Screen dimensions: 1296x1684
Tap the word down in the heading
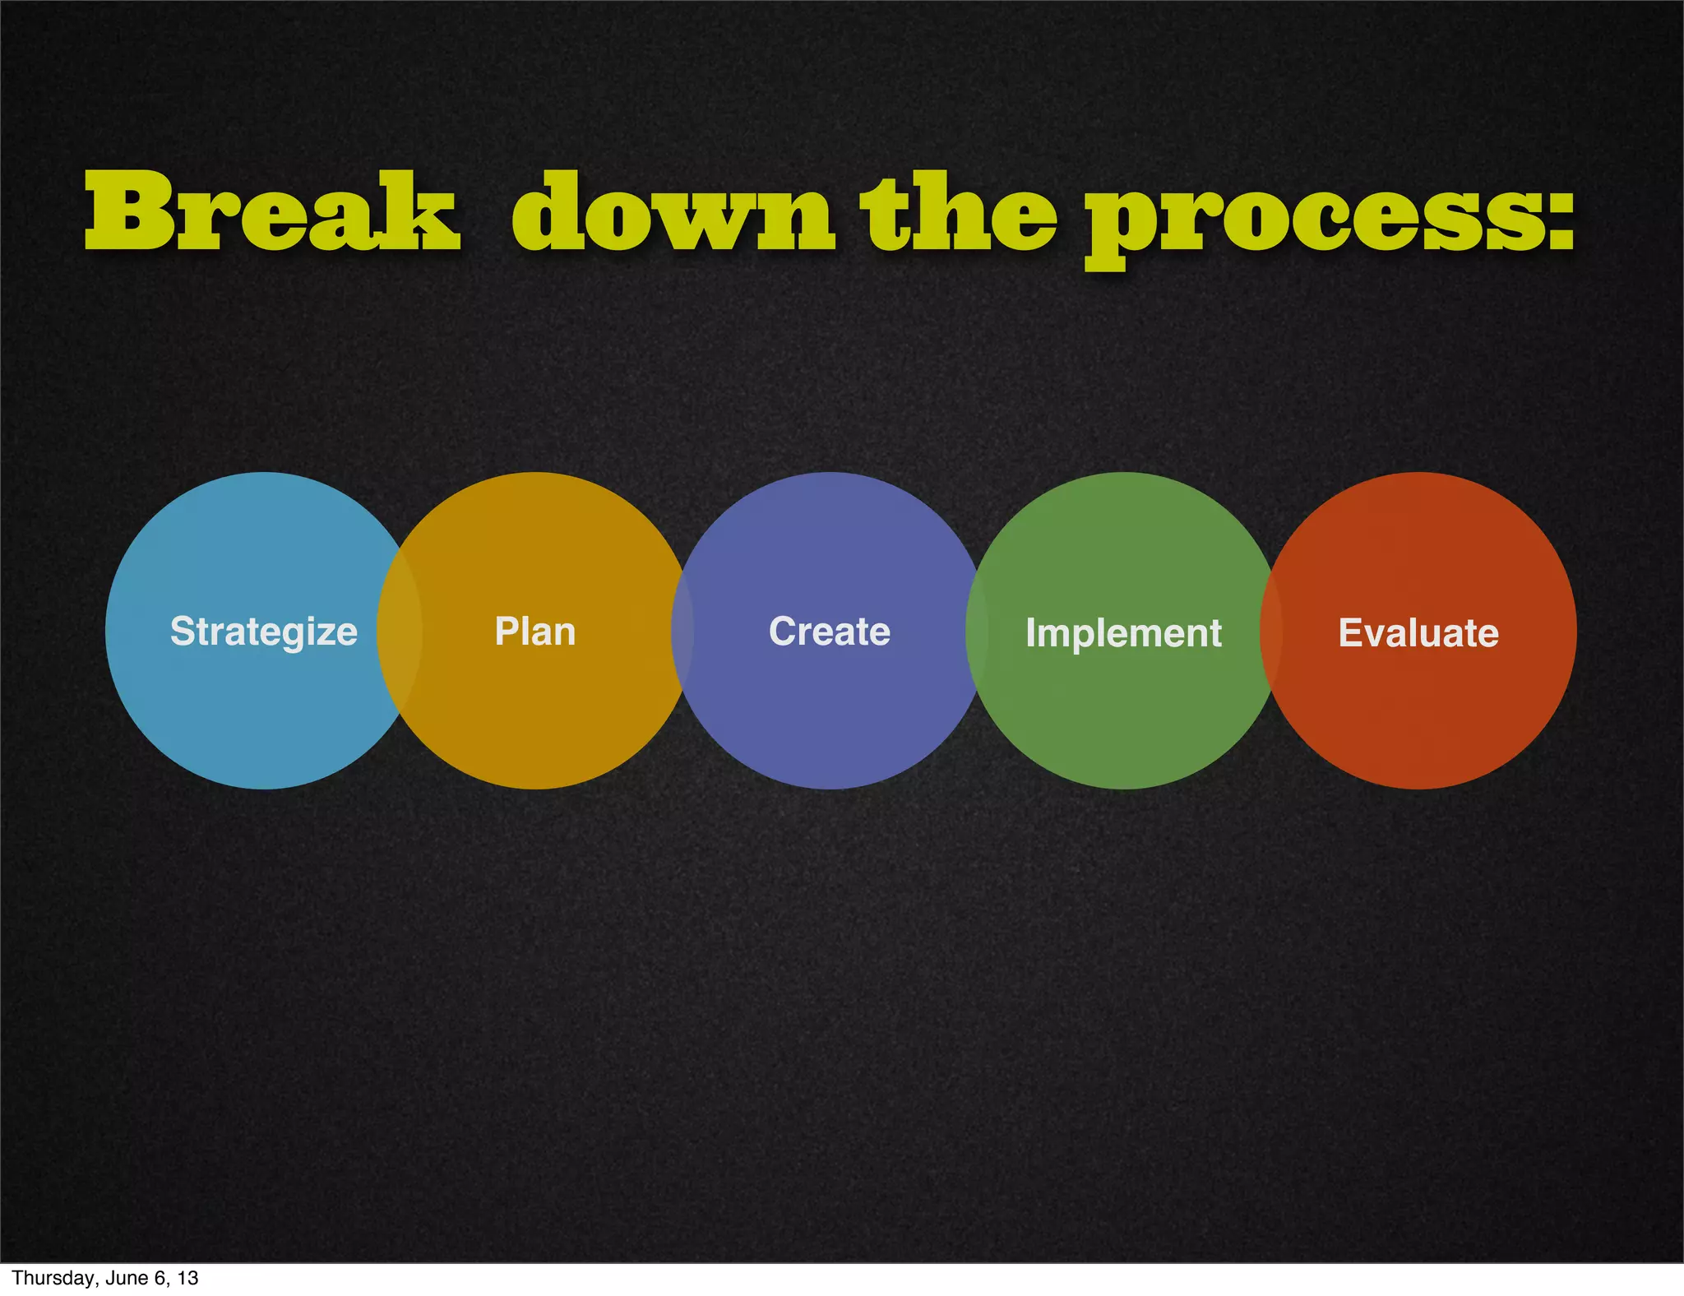(673, 212)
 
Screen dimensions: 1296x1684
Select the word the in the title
(958, 212)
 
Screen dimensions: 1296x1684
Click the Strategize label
(263, 632)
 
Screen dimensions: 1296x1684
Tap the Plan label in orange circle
(534, 632)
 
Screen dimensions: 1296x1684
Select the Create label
(829, 632)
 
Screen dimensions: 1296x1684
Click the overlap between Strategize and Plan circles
(400, 631)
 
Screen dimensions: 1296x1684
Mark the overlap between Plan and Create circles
(682, 631)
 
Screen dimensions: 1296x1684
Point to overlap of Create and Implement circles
(976, 631)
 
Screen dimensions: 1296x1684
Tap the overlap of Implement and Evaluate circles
(1271, 631)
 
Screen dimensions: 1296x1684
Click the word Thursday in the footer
(48, 1278)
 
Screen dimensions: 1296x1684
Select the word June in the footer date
(126, 1278)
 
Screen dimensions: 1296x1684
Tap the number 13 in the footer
(188, 1278)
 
